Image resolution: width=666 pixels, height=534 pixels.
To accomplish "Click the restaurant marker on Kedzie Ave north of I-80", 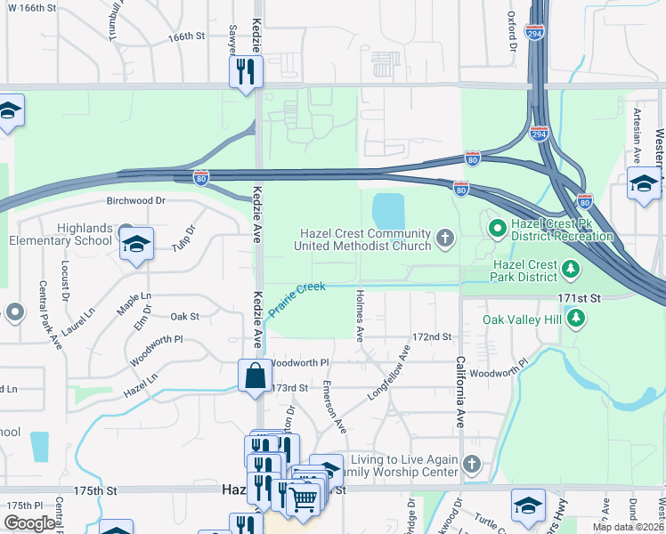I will coord(247,71).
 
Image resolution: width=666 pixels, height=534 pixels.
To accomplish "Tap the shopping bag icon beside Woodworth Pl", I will coord(256,375).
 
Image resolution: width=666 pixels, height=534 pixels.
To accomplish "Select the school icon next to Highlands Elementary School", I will coord(136,246).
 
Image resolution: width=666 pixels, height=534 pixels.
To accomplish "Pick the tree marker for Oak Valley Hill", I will coord(577,318).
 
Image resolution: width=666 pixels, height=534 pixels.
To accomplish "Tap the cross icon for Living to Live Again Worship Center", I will coord(472,464).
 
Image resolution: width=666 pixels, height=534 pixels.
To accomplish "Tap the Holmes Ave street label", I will coord(360,315).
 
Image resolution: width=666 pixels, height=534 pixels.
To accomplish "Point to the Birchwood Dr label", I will coord(136,201).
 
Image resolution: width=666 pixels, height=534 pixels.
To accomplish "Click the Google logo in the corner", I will coord(29,523).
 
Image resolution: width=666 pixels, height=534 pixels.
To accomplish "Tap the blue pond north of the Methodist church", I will coord(387,211).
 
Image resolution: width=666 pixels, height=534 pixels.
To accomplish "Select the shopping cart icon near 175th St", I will coord(304,498).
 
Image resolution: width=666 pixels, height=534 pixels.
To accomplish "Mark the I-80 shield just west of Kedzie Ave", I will coord(202,178).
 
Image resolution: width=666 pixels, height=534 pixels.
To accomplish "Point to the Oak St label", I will coord(184,316).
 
